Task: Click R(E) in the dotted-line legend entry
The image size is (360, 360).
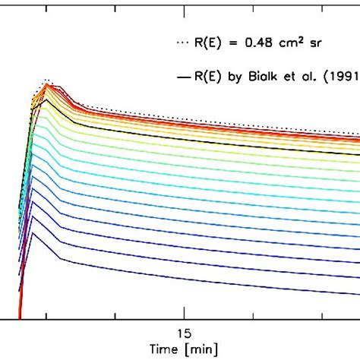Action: (x=204, y=44)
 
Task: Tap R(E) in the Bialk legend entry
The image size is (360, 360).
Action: (x=204, y=77)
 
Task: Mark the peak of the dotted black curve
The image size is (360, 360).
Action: (x=46, y=79)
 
